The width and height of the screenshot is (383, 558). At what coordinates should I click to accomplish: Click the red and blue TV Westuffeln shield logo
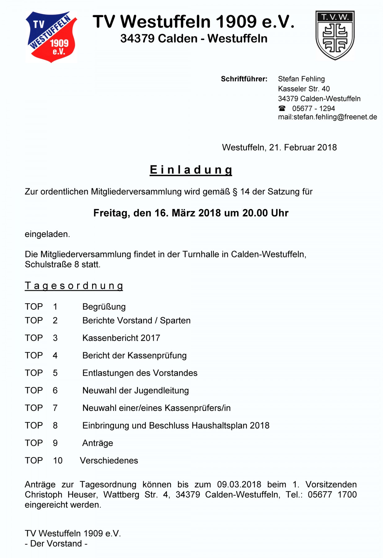point(51,37)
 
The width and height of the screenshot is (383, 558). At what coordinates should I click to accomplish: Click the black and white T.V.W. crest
point(335,35)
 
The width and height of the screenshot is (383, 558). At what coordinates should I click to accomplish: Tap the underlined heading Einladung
point(191,170)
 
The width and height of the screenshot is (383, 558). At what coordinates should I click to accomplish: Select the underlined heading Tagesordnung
point(74,286)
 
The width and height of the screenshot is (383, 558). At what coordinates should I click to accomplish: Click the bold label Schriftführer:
point(244,79)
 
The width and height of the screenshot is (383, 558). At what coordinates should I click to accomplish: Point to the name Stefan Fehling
point(301,79)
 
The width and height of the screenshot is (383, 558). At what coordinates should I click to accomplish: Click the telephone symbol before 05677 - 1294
point(282,108)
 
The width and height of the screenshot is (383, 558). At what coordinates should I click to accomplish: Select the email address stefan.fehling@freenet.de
point(335,117)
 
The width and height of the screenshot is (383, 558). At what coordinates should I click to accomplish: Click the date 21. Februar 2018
point(303,147)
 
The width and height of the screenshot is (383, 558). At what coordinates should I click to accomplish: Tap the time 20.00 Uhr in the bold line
point(265,213)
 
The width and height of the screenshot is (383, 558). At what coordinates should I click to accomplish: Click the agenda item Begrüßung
point(104,307)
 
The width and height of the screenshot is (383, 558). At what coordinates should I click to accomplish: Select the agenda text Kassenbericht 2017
point(121,338)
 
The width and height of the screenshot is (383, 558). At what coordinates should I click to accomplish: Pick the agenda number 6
point(55,390)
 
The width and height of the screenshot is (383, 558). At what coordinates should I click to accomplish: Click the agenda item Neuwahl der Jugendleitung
point(135,390)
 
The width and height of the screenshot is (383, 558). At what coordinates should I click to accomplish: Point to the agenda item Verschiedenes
point(109,460)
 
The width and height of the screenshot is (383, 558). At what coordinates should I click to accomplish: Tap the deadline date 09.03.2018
point(239,484)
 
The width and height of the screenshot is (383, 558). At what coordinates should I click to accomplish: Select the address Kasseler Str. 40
point(304,89)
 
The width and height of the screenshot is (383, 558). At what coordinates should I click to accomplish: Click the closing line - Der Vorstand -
point(56,543)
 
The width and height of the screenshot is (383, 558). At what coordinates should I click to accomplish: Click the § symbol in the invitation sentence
point(235,192)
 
